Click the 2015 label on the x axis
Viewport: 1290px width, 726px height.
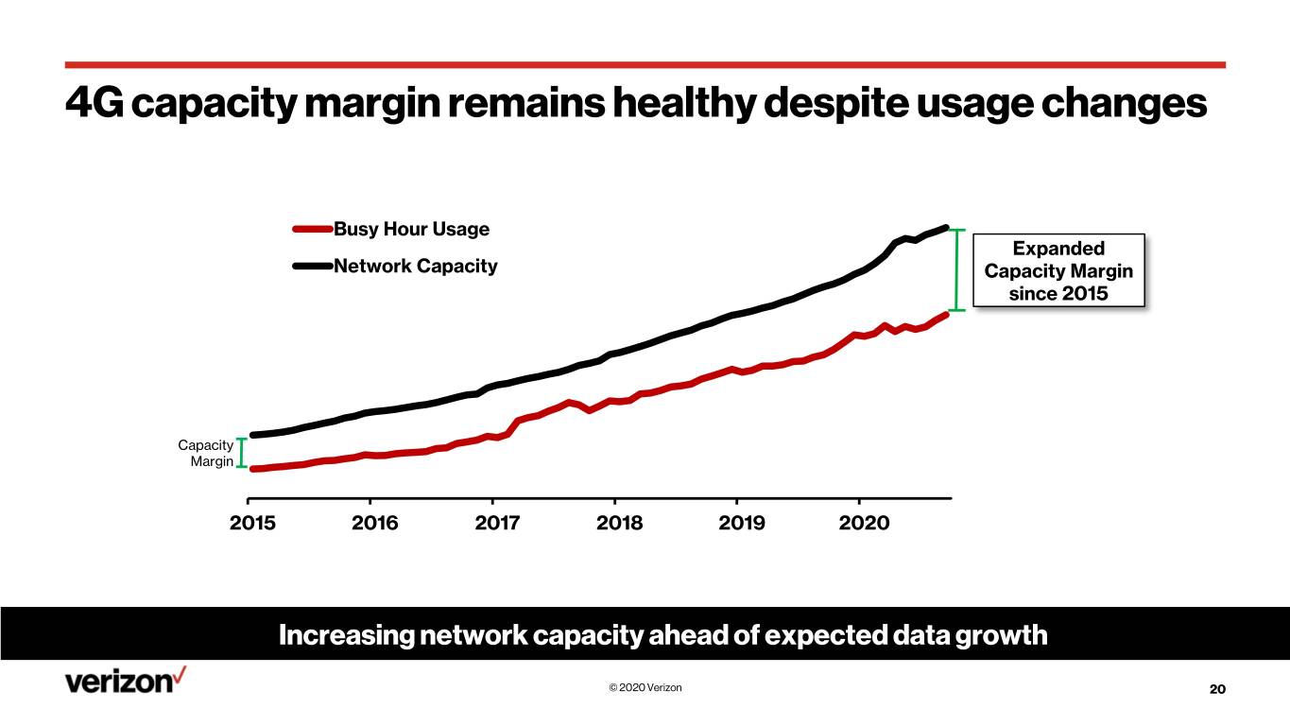coord(252,523)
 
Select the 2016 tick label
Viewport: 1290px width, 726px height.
coord(374,523)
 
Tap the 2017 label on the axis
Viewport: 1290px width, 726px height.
coord(497,523)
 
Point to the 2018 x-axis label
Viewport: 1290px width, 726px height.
coord(619,523)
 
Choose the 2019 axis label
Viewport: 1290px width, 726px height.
coord(742,523)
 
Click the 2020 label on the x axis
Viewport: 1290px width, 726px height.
coord(865,523)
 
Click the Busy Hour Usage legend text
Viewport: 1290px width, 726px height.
coord(411,229)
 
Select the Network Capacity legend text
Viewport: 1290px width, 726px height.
coord(415,266)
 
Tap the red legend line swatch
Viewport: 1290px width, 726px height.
coord(313,229)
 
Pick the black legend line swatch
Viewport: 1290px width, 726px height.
coord(313,266)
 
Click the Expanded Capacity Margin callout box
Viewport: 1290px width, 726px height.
coord(1058,270)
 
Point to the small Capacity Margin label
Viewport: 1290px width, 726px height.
coord(205,453)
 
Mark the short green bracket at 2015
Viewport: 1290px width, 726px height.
coord(242,453)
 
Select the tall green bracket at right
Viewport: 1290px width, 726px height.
coord(957,269)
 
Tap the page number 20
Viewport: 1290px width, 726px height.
coord(1217,689)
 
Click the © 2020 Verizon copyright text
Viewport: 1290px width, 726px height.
coord(645,687)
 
